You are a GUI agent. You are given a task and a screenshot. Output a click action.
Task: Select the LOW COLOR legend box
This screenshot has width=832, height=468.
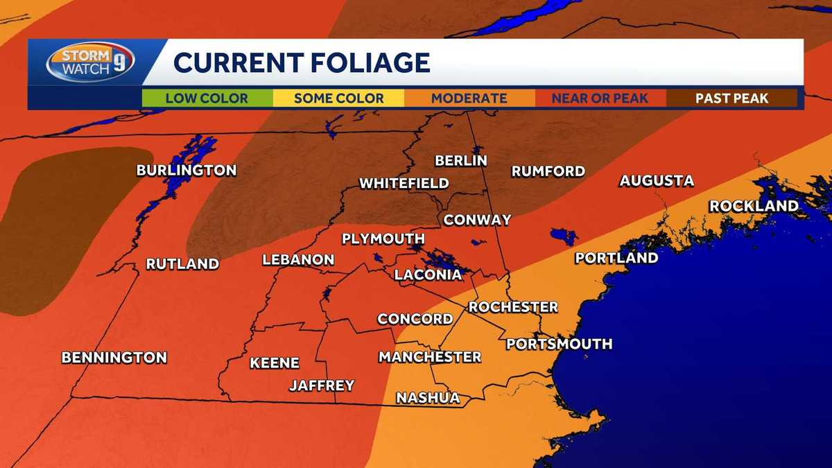tap(207, 98)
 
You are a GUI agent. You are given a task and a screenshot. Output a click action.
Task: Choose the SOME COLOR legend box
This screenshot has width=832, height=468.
tap(338, 98)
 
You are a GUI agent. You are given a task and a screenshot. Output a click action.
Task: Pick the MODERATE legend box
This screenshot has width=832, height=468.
tap(469, 98)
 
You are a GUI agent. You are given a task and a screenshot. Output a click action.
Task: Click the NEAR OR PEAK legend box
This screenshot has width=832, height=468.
tap(600, 98)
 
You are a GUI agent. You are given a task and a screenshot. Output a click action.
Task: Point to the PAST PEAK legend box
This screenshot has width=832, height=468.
tap(731, 98)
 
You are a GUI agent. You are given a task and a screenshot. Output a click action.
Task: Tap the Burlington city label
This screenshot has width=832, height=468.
tap(187, 170)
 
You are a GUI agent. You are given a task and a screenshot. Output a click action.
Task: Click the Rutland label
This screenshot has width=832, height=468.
tap(182, 263)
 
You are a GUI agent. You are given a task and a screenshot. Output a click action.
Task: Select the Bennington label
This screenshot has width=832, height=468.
tap(114, 358)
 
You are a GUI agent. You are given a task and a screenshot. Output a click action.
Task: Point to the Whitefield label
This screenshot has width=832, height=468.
tap(404, 184)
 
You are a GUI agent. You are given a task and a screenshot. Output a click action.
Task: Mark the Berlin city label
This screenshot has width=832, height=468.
tap(461, 161)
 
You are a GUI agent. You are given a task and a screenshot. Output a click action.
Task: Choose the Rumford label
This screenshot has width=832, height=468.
tap(548, 171)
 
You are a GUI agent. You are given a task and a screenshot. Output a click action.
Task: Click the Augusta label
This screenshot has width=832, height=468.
tap(656, 181)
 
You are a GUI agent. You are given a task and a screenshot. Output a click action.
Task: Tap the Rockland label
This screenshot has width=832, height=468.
tap(754, 206)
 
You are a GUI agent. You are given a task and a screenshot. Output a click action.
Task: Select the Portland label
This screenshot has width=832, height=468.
tap(616, 258)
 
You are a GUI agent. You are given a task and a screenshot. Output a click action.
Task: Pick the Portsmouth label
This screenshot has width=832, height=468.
tap(559, 344)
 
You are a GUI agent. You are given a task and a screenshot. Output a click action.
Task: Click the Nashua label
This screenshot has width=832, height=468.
tap(428, 398)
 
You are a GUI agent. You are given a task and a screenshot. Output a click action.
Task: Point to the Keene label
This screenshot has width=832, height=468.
tap(275, 363)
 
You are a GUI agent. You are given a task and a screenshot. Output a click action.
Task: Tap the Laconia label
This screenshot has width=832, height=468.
tap(428, 275)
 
